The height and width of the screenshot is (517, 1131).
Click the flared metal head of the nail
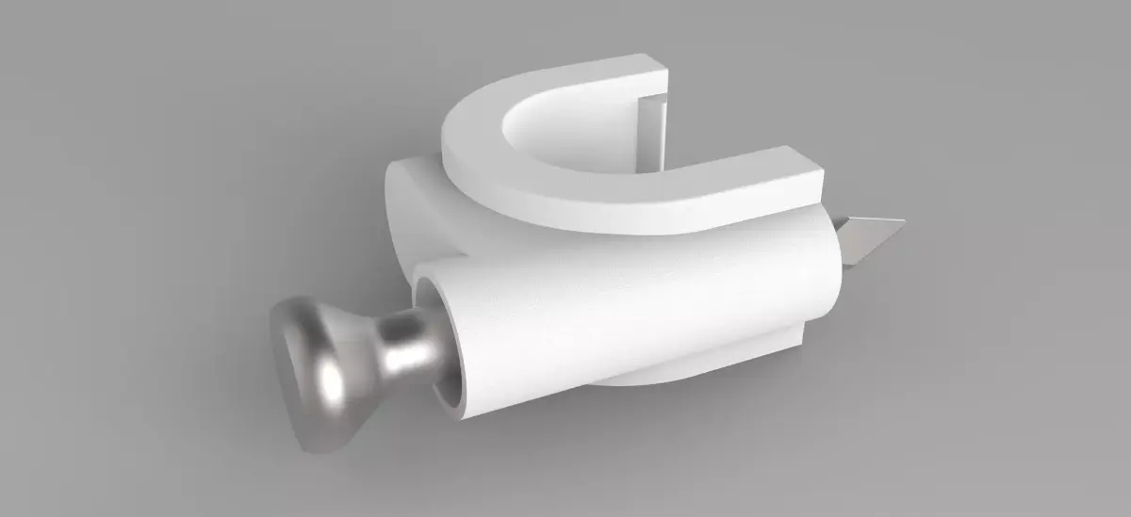[316, 377]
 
